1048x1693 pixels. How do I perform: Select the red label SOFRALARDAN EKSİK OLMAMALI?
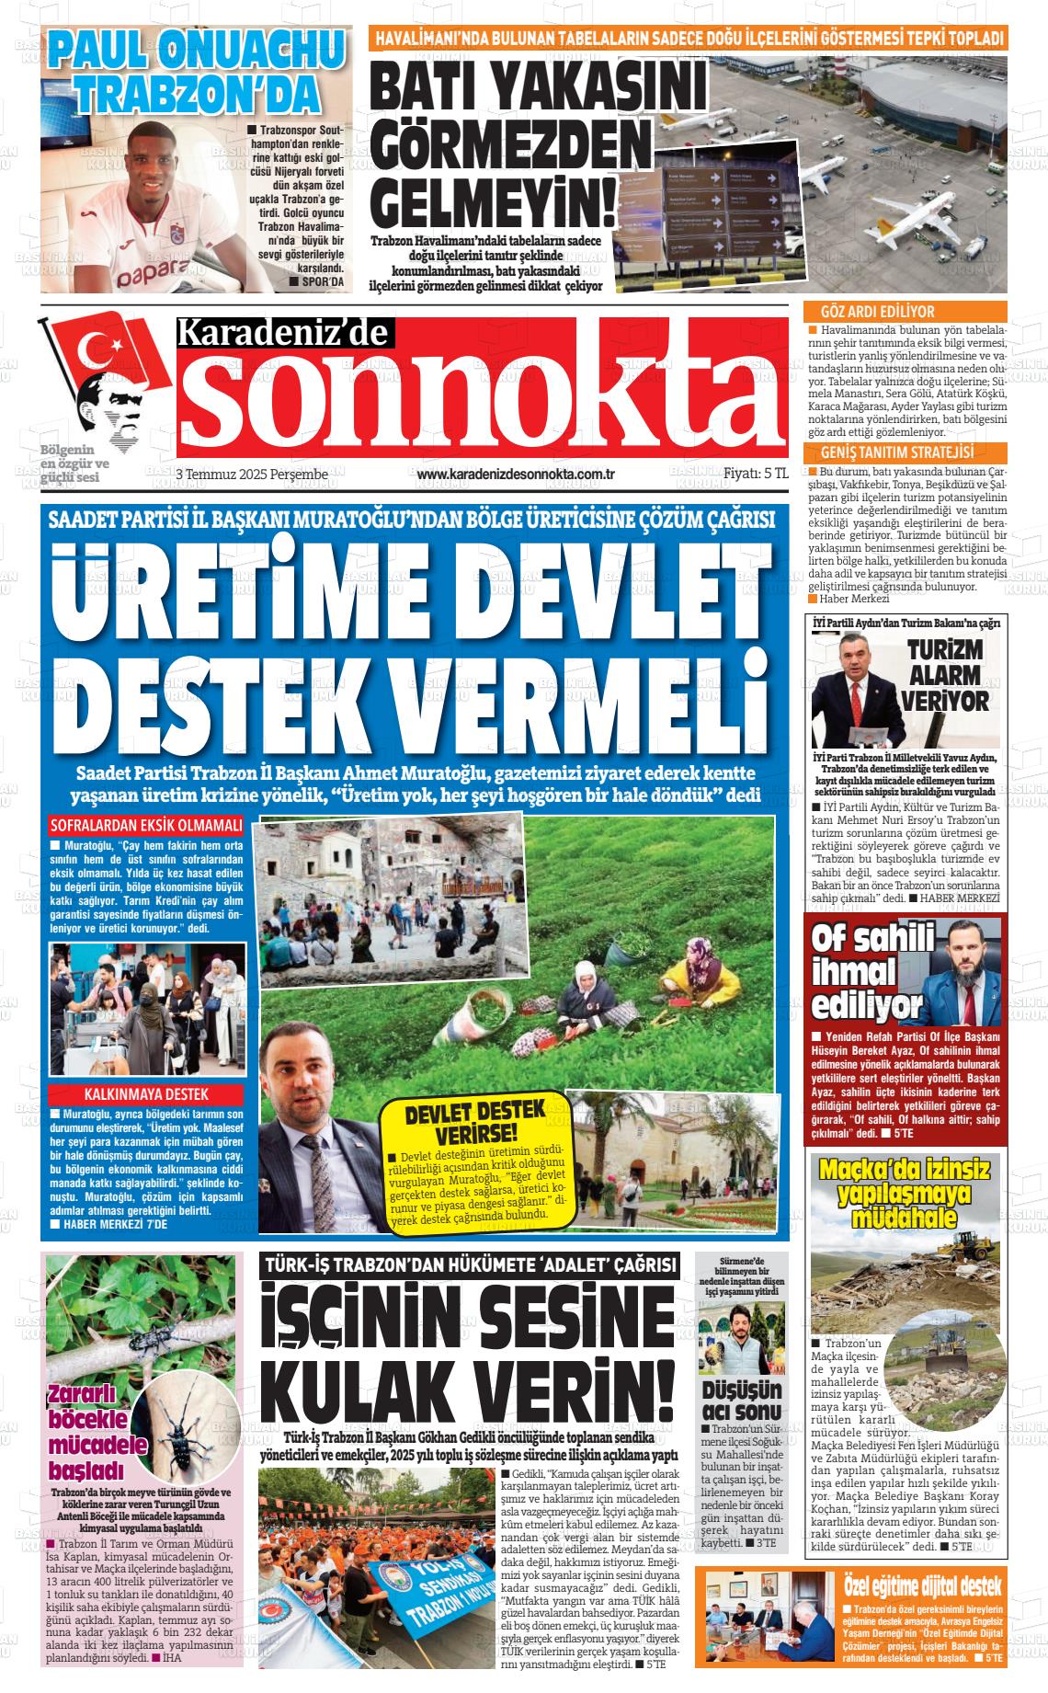pyautogui.click(x=147, y=825)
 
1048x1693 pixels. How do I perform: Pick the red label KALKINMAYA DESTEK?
pyautogui.click(x=147, y=1094)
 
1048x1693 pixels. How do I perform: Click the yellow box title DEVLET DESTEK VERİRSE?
pyautogui.click(x=475, y=1119)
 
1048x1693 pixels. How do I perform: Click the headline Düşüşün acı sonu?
pyautogui.click(x=741, y=1400)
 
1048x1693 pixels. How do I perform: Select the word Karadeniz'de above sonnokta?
pyautogui.click(x=284, y=333)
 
